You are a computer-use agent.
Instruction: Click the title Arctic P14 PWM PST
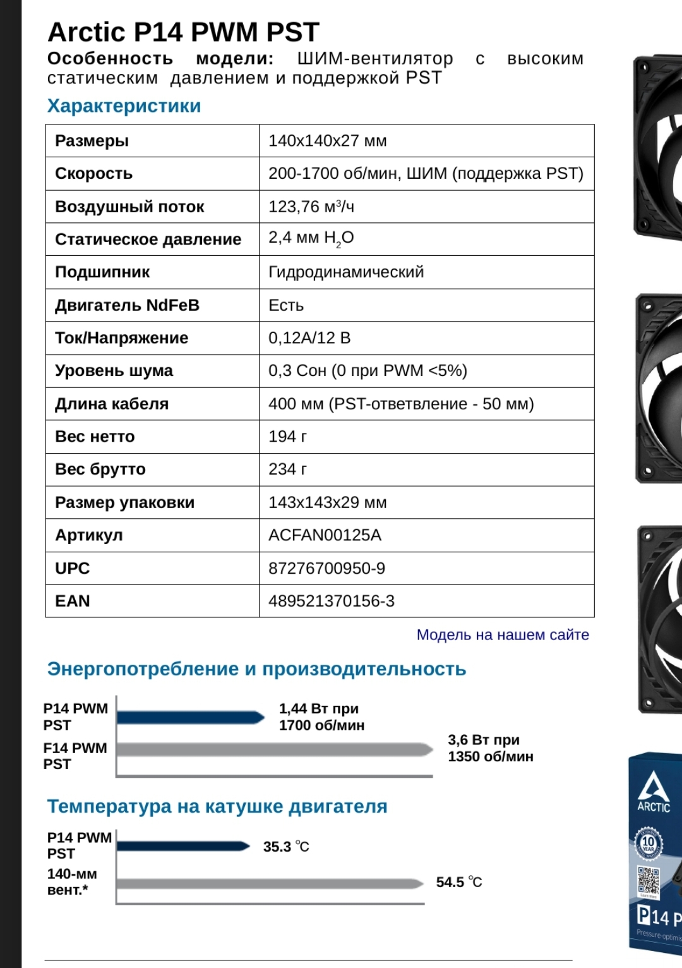[x=184, y=32]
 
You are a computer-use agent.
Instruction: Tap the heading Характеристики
[x=124, y=106]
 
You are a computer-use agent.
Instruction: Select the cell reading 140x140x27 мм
[x=328, y=141]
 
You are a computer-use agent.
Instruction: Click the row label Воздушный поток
[x=129, y=207]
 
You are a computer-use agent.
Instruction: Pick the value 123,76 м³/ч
[x=311, y=207]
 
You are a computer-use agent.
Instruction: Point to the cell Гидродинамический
[x=346, y=272]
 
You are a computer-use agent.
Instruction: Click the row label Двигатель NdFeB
[x=127, y=305]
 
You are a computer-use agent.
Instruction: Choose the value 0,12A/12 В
[x=309, y=338]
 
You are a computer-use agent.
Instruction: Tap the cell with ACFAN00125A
[x=325, y=535]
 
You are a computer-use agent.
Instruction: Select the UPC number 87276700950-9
[x=326, y=568]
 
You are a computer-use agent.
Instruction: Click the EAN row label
[x=73, y=601]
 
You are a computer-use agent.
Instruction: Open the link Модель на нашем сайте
[x=503, y=635]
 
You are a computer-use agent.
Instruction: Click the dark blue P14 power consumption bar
[x=190, y=717]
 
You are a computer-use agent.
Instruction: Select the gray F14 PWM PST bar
[x=274, y=749]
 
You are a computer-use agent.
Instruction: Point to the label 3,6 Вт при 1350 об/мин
[x=491, y=748]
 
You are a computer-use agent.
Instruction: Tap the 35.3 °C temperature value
[x=286, y=847]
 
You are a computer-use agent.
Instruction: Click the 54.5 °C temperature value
[x=459, y=882]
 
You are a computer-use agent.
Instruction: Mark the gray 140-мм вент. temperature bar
[x=269, y=883]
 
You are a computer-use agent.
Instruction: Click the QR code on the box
[x=648, y=880]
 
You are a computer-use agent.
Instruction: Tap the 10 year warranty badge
[x=649, y=843]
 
